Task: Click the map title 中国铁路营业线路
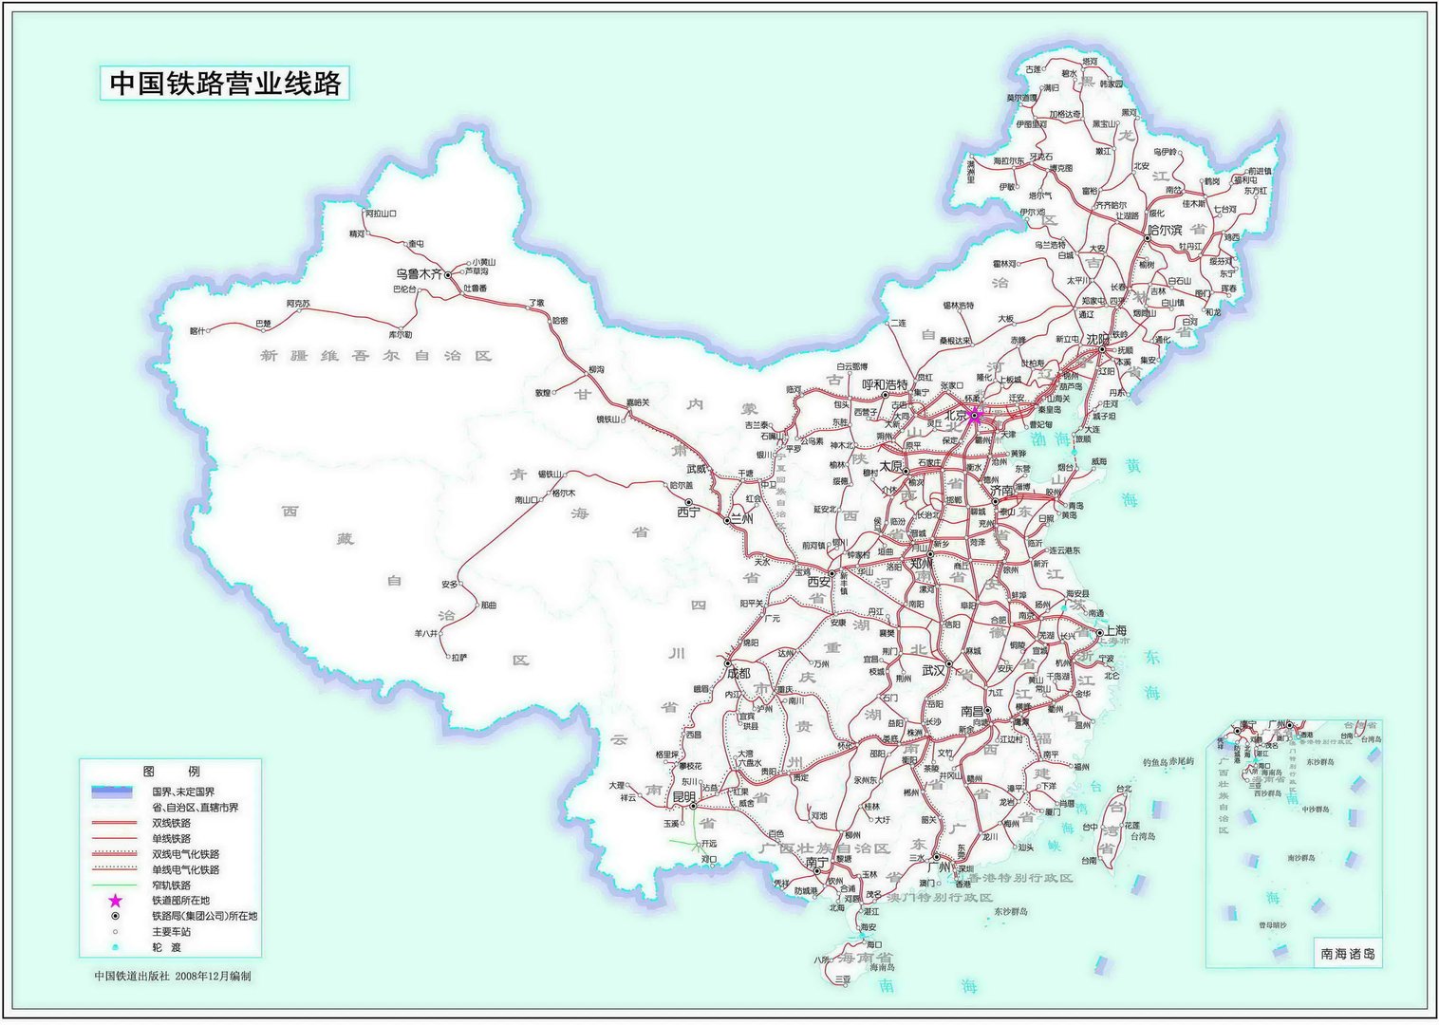click(225, 84)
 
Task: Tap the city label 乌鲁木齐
click(419, 273)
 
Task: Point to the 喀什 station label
click(196, 331)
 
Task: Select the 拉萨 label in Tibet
click(459, 657)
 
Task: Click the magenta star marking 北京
click(975, 414)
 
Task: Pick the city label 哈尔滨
click(1165, 230)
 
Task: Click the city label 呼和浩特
click(885, 384)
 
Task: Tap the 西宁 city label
click(687, 512)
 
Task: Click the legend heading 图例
click(170, 771)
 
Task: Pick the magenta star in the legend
click(115, 901)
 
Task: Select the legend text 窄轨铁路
click(172, 885)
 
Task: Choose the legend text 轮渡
click(166, 947)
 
